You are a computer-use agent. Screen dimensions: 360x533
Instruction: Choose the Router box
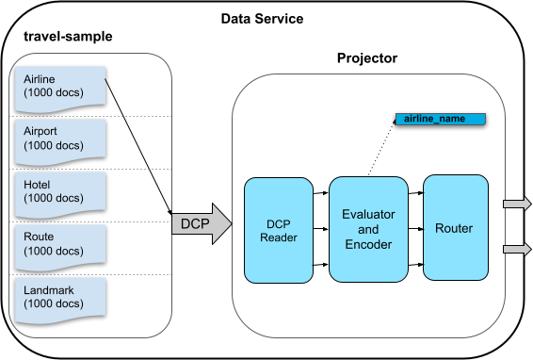(454, 228)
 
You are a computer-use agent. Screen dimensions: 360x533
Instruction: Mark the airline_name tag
(440, 120)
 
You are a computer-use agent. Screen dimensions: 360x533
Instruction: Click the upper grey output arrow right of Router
(517, 204)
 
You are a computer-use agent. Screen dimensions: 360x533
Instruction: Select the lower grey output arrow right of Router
(517, 249)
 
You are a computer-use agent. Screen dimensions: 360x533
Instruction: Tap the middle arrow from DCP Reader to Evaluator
(320, 229)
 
